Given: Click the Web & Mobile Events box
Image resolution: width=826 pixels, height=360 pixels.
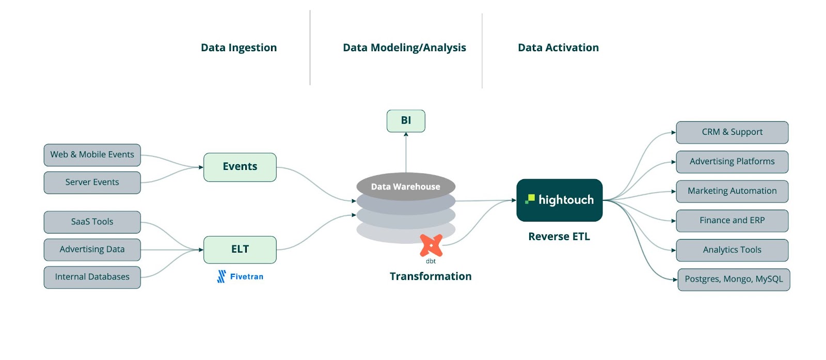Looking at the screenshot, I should tap(92, 155).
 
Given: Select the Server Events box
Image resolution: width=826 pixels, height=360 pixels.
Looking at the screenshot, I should tap(92, 182).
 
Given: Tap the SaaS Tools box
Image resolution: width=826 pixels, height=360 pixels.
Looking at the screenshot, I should tap(92, 222).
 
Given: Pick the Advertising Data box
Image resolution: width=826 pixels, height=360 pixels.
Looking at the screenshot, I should tap(92, 249).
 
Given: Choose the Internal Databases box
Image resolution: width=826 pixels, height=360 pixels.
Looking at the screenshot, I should tap(92, 277).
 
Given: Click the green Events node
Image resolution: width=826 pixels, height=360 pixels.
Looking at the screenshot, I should tap(240, 167).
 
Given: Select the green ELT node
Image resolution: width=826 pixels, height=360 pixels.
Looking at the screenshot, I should tap(240, 249).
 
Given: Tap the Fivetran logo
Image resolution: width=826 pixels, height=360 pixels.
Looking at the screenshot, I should tap(240, 277).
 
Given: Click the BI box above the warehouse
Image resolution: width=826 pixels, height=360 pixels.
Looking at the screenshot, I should tap(406, 121).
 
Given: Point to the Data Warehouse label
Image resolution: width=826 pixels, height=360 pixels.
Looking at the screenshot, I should tap(406, 187).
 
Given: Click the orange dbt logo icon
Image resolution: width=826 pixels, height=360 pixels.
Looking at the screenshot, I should tap(431, 246).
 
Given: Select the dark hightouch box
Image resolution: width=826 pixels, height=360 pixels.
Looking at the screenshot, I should tap(559, 200).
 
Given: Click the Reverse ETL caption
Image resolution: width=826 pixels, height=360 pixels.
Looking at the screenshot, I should tap(559, 237).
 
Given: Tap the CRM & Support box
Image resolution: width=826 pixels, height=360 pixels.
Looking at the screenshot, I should tap(732, 132).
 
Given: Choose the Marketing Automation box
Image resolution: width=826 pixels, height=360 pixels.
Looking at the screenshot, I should tap(732, 191).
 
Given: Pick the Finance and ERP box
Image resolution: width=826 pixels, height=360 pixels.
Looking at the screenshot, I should tap(732, 221).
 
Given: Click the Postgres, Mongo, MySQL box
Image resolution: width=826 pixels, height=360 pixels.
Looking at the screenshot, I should tap(733, 279).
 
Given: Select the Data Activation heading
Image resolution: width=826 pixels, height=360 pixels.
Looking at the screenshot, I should tap(558, 48).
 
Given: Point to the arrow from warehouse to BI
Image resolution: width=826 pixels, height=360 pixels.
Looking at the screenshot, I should tap(406, 152).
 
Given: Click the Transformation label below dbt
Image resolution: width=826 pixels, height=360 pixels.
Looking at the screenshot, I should tap(431, 276).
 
